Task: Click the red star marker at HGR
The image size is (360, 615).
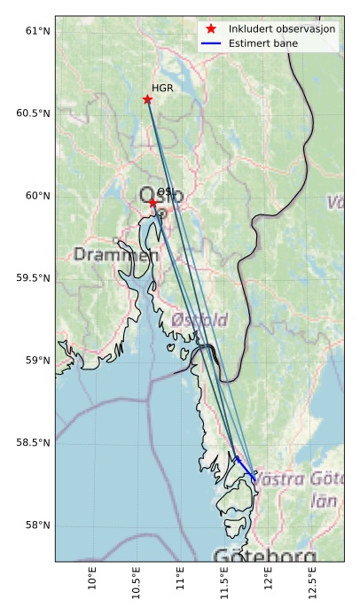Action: point(147,99)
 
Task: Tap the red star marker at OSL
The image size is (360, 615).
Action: point(153,203)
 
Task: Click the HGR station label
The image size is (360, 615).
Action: point(162,89)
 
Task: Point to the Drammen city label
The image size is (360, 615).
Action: point(116,255)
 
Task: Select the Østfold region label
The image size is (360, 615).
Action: point(200,319)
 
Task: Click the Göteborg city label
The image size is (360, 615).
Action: point(264,556)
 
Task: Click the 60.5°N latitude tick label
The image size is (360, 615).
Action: point(33,113)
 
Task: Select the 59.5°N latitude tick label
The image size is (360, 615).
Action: point(33,278)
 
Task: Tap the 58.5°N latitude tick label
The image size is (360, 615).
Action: point(33,442)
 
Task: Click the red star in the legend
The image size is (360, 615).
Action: point(211,29)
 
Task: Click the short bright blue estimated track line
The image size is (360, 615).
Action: point(246,468)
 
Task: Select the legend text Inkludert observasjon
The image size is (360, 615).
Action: point(282,29)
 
